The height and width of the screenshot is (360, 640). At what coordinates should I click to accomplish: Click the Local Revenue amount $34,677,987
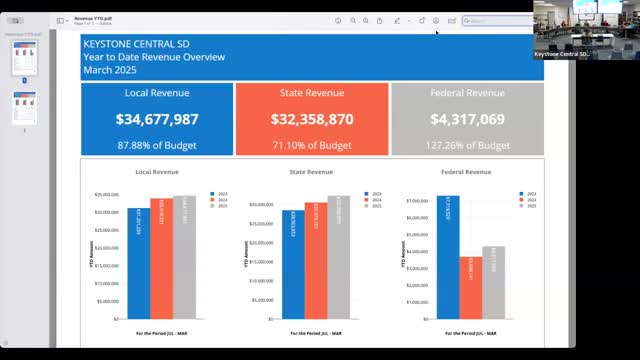[157, 119]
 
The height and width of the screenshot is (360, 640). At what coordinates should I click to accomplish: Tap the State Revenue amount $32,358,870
[312, 119]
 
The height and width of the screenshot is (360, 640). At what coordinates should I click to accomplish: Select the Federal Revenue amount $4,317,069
[467, 119]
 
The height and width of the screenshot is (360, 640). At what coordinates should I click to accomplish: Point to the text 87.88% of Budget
[157, 145]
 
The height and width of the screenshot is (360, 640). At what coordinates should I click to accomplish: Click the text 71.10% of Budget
[312, 145]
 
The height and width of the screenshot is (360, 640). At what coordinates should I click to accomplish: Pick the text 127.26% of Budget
[467, 145]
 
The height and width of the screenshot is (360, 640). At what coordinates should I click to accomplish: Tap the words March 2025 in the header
[113, 70]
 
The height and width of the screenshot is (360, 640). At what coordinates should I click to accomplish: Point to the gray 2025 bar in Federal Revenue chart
[493, 282]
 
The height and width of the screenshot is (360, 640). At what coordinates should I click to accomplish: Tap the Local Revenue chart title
[157, 172]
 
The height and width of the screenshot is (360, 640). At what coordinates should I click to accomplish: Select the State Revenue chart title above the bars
[312, 172]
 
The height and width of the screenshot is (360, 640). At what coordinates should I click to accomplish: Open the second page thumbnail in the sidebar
[25, 107]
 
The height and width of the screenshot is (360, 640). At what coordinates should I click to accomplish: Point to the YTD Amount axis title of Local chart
[90, 256]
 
